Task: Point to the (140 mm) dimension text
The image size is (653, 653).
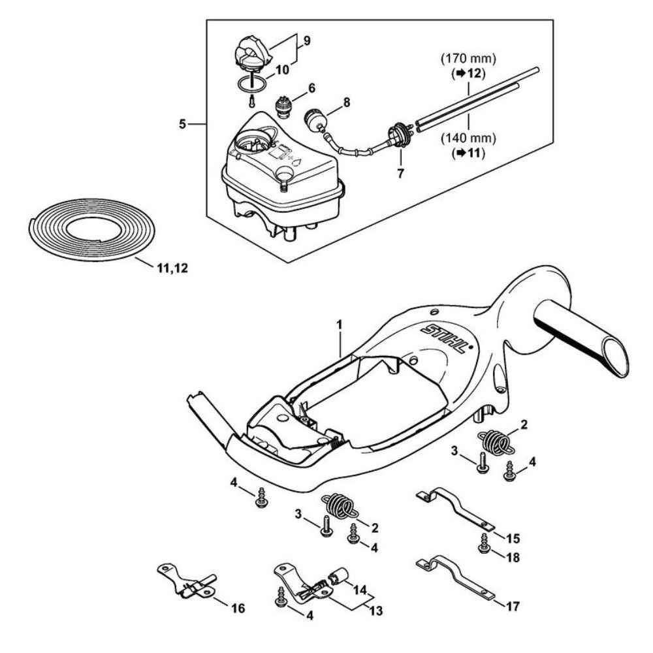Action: point(468,138)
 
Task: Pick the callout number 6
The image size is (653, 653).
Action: point(311,87)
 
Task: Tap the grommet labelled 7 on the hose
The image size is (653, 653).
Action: point(399,135)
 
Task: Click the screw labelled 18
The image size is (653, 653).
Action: point(484,546)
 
